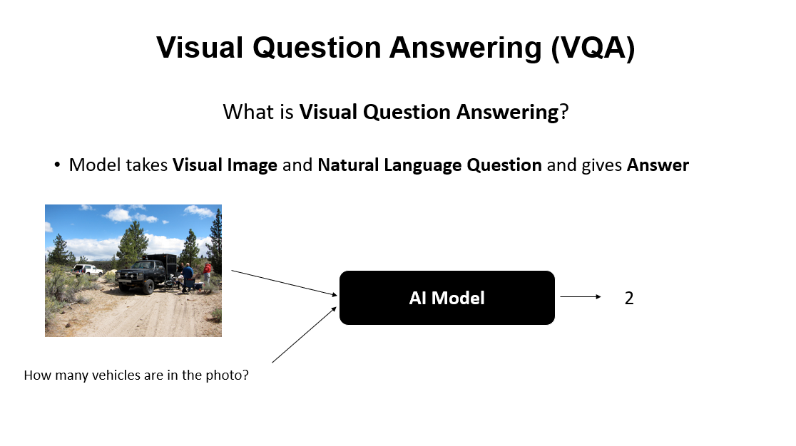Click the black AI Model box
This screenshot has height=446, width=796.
tap(447, 298)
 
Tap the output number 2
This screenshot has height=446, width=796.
tap(629, 298)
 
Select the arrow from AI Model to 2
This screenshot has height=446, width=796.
tap(581, 296)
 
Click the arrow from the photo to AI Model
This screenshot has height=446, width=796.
tap(285, 283)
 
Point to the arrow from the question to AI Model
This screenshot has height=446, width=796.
tap(304, 335)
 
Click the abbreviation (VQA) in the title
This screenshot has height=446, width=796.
tap(593, 48)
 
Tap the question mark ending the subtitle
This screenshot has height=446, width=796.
tap(564, 112)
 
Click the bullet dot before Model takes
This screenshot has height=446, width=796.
tap(57, 165)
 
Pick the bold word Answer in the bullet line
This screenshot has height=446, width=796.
tap(658, 165)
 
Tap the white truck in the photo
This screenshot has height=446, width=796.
tap(87, 269)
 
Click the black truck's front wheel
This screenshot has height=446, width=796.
tap(148, 287)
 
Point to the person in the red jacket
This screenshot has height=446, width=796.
tap(207, 272)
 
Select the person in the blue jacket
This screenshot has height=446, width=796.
tap(188, 276)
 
